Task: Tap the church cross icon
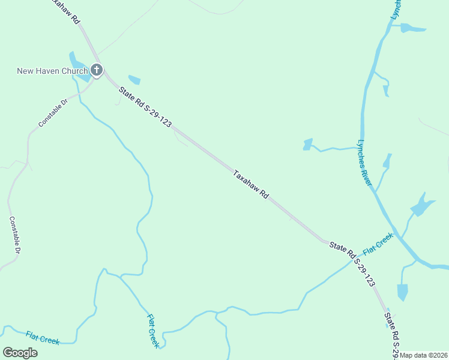[97, 71]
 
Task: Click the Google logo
[20, 352]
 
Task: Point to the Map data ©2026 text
[424, 355]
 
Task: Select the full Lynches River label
[365, 163]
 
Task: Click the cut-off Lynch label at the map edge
[396, 9]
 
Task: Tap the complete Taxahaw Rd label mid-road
[251, 184]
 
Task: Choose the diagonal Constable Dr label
[54, 113]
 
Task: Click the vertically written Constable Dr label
[15, 235]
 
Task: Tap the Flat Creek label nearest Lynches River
[378, 243]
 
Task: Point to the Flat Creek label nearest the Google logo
[43, 337]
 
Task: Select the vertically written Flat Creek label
[153, 331]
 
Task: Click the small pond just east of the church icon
[134, 80]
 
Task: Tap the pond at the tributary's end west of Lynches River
[308, 144]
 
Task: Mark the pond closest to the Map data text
[402, 292]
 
